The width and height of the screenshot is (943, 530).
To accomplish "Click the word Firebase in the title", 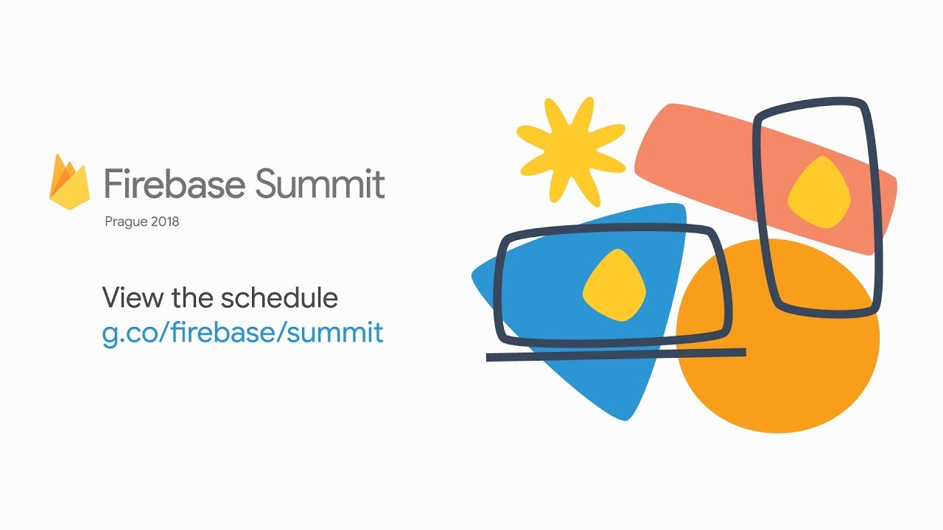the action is [175, 183].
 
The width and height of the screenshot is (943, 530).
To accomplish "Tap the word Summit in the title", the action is [320, 183].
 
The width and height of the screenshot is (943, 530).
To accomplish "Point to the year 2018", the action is [165, 222].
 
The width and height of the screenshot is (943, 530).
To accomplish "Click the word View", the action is [133, 297].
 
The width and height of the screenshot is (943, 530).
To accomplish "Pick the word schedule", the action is [279, 297].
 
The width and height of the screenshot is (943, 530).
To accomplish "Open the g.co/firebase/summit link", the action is [242, 333].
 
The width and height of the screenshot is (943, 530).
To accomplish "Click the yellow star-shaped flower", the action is [571, 152].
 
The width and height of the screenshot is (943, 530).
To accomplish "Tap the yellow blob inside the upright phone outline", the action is [818, 192].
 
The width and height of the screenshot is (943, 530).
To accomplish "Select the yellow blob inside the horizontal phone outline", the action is [614, 285].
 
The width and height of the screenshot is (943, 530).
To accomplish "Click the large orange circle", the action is [778, 336].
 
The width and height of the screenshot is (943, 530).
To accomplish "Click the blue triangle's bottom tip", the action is [625, 420].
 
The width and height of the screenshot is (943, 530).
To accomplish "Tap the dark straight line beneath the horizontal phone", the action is [616, 355].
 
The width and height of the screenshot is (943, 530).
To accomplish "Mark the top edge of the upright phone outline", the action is [810, 105].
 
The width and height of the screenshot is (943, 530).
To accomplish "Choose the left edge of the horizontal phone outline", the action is [499, 290].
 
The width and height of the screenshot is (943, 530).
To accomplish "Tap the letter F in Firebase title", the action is [113, 183].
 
